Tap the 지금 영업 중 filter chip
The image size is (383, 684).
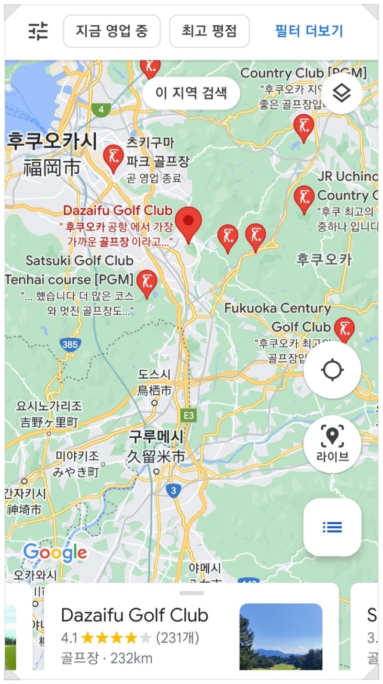tap(112, 31)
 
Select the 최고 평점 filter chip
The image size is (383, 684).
tap(209, 31)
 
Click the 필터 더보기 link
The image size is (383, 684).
tap(309, 31)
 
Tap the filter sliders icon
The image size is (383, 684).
tap(38, 32)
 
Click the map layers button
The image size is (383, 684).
tap(341, 93)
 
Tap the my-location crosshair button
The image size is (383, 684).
tap(332, 370)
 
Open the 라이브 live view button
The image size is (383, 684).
tap(332, 444)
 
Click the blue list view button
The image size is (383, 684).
tap(332, 527)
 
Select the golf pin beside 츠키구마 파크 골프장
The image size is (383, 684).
tap(113, 158)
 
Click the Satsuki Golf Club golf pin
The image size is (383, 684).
tap(146, 283)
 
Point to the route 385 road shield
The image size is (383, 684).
tap(70, 344)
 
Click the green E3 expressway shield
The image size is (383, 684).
tap(189, 416)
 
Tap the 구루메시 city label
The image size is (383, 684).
tap(156, 437)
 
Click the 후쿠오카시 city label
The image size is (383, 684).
tap(52, 142)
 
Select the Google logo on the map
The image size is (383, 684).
tap(55, 553)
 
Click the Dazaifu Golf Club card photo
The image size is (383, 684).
tap(281, 636)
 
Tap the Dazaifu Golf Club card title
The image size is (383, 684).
tap(135, 615)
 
